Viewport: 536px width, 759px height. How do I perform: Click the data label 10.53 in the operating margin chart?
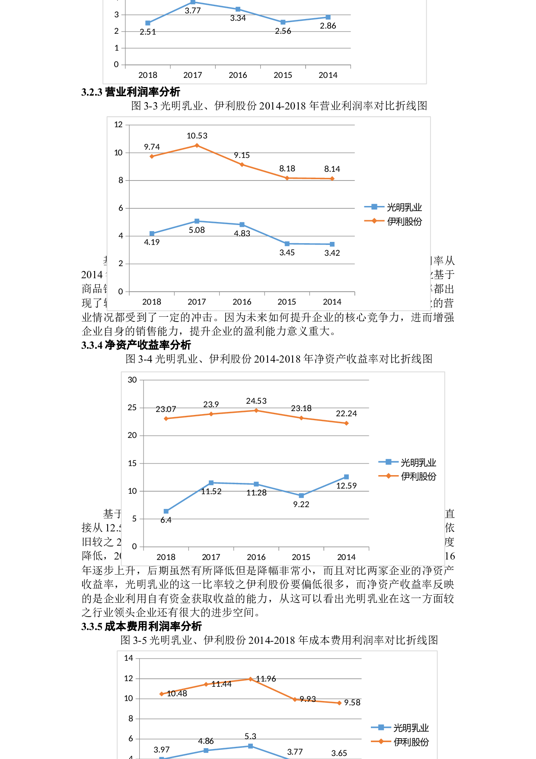point(197,136)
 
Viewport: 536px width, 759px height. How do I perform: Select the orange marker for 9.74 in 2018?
point(152,156)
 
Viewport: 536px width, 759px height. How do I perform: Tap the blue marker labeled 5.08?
point(197,221)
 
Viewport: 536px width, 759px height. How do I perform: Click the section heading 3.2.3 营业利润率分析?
point(131,92)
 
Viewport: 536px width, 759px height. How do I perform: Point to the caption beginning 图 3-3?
point(279,106)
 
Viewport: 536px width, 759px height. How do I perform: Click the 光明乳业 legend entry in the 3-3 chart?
point(393,207)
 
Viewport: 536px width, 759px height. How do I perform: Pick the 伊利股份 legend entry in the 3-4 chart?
point(408,476)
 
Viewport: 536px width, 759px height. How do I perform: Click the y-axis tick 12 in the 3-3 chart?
point(118,125)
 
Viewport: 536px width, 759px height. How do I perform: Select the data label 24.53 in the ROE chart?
point(256,401)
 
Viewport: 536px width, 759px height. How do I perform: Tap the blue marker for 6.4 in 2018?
point(166,511)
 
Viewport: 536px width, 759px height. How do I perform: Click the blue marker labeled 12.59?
point(346,477)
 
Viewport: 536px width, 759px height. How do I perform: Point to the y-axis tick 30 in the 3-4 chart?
point(132,380)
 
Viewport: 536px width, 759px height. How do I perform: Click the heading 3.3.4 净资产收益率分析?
point(136,345)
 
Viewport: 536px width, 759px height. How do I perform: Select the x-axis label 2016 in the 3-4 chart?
point(256,557)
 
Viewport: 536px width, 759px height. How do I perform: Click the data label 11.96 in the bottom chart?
point(266,679)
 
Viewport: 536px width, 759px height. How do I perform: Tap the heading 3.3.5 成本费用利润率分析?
point(141,626)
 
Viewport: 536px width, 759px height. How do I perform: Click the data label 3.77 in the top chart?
point(193,11)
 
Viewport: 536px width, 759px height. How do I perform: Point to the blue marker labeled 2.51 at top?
point(148,23)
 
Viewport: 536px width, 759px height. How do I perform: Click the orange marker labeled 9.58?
point(339,703)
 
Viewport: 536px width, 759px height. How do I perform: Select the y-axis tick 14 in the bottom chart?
point(128,658)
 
